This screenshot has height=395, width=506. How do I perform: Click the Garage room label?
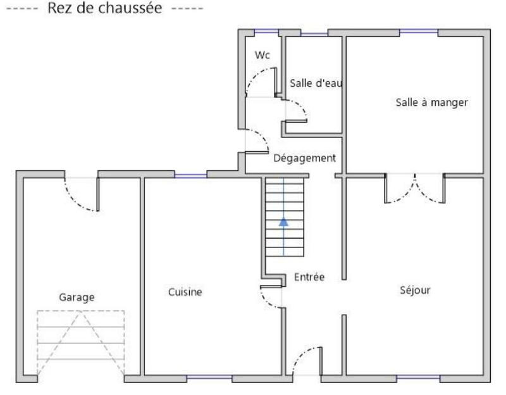click(x=77, y=297)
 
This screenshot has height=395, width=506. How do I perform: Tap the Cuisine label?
click(x=185, y=292)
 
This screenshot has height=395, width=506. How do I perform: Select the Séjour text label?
click(x=415, y=290)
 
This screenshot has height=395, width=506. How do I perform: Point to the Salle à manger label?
click(x=431, y=103)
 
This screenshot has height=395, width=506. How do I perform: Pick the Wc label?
click(x=262, y=56)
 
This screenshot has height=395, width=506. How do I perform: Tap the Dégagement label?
click(x=304, y=158)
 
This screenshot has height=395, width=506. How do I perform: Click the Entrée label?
click(x=309, y=277)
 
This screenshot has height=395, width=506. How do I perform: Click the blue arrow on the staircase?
click(x=284, y=222)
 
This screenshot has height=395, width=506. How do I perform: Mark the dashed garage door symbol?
click(x=81, y=342)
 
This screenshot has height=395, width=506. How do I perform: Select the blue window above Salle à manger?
click(x=418, y=32)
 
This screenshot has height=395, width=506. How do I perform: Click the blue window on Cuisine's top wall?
click(x=190, y=175)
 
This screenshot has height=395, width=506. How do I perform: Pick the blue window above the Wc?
click(x=266, y=32)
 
